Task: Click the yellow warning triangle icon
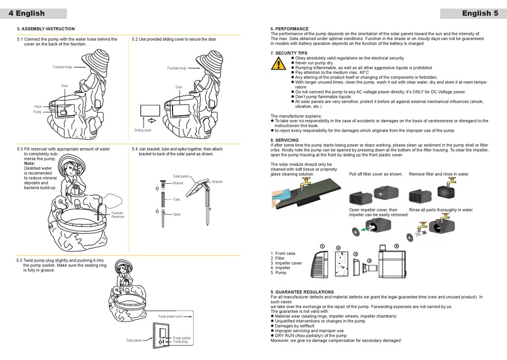tap(278, 64)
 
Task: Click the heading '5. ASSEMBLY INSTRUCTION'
tap(46, 29)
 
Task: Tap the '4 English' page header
tap(27, 13)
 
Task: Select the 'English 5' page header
tap(480, 13)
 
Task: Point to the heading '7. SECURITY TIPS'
tap(289, 53)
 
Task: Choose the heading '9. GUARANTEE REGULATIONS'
tap(302, 292)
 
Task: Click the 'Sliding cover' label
tap(142, 130)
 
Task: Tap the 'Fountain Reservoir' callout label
tap(117, 215)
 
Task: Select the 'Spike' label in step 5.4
tap(177, 214)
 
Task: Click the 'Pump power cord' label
tap(170, 317)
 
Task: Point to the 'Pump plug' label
tap(180, 342)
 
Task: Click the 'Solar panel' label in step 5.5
tap(134, 340)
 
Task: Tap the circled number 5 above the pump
tap(395, 246)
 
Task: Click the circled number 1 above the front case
tap(321, 246)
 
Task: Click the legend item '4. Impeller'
tap(281, 268)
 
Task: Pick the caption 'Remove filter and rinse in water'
tap(439, 174)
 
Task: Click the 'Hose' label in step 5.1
tap(38, 107)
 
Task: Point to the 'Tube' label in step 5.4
tap(176, 199)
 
